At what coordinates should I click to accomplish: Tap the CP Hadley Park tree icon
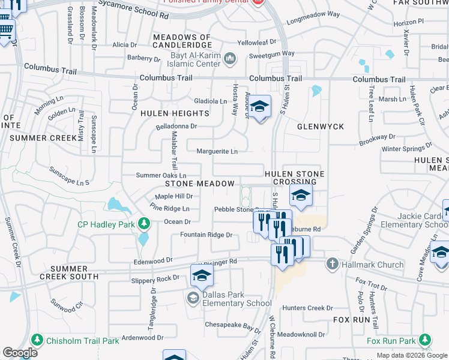(x=143, y=224)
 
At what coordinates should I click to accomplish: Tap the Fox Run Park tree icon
(x=424, y=341)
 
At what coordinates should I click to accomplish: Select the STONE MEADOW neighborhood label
(x=199, y=184)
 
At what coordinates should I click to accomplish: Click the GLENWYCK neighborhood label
(x=321, y=127)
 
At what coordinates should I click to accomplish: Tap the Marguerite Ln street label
(x=217, y=151)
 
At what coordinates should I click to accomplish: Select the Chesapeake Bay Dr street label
(x=231, y=325)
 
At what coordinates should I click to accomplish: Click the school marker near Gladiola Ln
(x=260, y=107)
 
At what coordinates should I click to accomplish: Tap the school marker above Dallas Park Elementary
(x=202, y=276)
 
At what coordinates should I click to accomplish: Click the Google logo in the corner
(x=20, y=353)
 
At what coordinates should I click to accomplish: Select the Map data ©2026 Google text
(x=411, y=355)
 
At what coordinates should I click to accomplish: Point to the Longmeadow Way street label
(x=313, y=14)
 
